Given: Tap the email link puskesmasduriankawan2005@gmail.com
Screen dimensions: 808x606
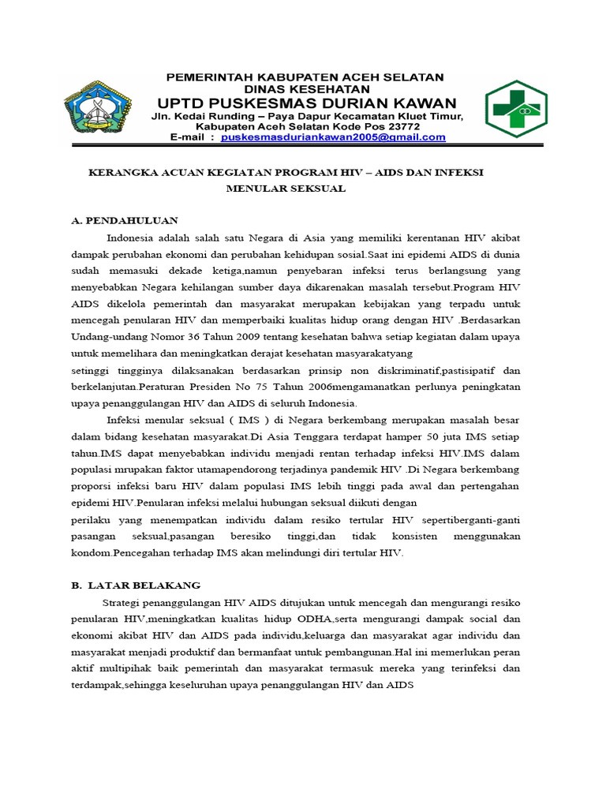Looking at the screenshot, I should [333, 137].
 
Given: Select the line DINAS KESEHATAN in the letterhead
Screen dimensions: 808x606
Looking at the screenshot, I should [305, 89].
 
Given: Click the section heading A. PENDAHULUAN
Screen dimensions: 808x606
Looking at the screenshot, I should [125, 220].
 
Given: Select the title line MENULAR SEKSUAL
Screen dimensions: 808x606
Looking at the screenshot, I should [286, 189].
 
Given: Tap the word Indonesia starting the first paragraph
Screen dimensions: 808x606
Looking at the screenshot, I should [131, 238].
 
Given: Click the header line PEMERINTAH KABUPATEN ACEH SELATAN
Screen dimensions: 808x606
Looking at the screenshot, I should [305, 77].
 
